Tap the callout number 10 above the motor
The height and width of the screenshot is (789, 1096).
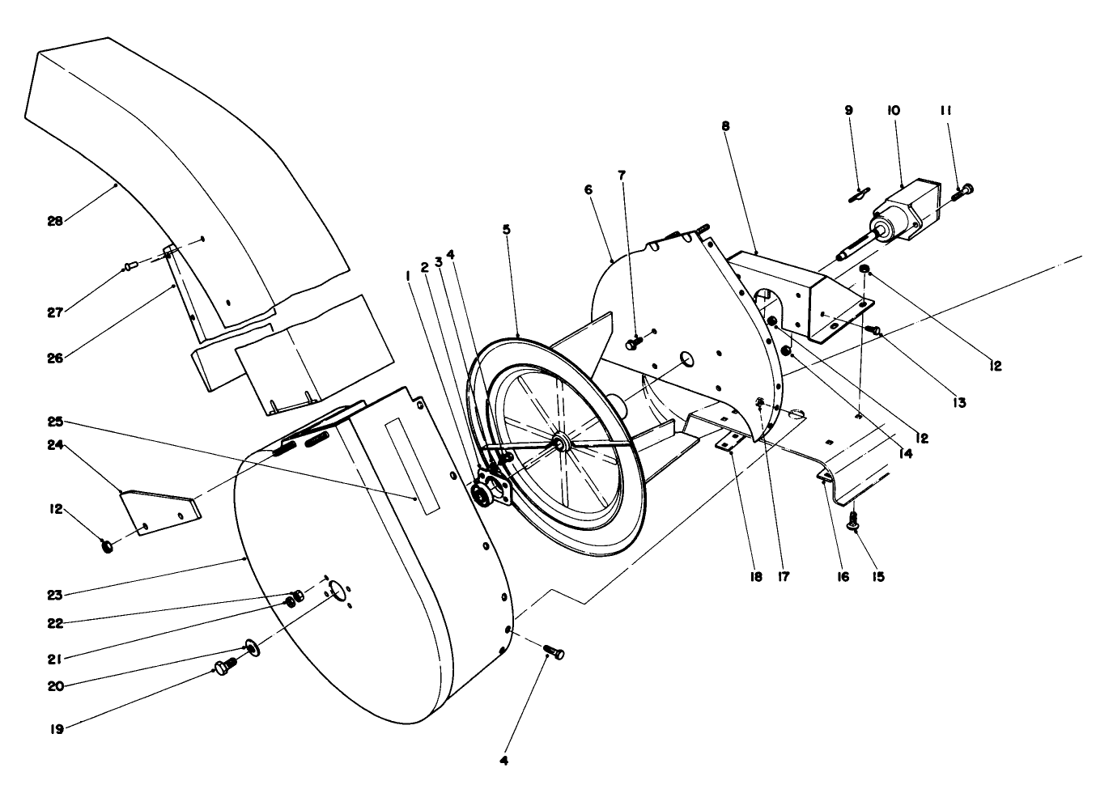[893, 110]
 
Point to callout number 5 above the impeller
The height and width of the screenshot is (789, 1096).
[506, 229]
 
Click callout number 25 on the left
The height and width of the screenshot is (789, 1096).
[54, 422]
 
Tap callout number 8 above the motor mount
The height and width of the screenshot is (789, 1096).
[724, 126]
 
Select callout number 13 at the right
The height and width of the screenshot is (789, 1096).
[959, 401]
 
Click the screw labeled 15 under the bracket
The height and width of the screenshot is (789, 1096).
[853, 523]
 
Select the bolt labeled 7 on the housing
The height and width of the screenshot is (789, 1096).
[633, 344]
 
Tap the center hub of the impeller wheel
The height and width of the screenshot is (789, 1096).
[559, 443]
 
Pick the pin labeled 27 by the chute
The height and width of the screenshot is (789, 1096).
[132, 265]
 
